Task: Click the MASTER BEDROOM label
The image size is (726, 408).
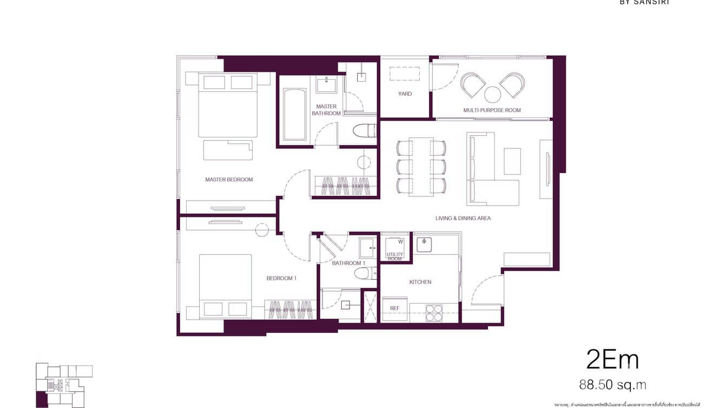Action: click(x=229, y=180)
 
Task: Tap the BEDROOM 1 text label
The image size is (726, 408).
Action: click(x=281, y=279)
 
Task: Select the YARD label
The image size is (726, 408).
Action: click(x=405, y=94)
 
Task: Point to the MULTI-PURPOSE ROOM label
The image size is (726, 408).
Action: click(x=492, y=110)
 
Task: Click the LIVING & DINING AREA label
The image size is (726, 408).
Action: click(x=463, y=219)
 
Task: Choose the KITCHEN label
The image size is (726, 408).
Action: click(x=420, y=282)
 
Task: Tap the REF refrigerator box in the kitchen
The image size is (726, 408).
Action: click(x=395, y=308)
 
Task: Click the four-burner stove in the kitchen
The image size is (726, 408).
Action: click(x=434, y=313)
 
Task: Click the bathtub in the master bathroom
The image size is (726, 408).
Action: click(x=294, y=114)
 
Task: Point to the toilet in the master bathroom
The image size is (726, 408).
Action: click(x=364, y=131)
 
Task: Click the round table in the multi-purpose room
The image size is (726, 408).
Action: click(x=492, y=95)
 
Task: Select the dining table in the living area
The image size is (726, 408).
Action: click(x=421, y=167)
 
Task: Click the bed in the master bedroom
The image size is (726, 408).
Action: click(x=227, y=106)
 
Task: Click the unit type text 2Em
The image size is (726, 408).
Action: click(x=612, y=360)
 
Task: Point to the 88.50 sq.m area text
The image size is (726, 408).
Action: click(x=612, y=385)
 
